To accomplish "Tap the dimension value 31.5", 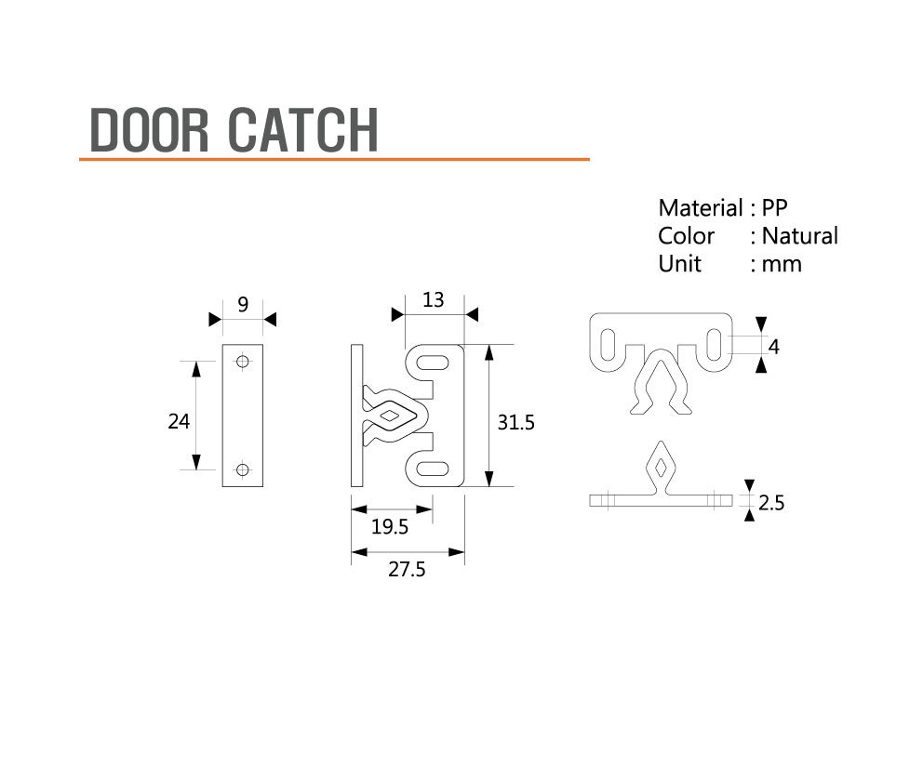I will [515, 422].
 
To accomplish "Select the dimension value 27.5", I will [407, 571].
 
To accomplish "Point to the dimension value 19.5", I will [390, 528].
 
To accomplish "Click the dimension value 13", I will [433, 300].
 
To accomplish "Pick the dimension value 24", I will [179, 422].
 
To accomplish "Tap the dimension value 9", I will [243, 304].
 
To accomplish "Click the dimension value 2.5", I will [771, 504].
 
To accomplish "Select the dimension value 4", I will [774, 347].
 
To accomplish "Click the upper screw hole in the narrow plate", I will [243, 361].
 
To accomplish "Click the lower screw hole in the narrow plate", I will [243, 469].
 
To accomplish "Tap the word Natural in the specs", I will [799, 236].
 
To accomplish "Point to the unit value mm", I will [781, 264].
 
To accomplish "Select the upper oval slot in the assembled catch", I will [435, 361].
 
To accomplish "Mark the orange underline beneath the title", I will [335, 160].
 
